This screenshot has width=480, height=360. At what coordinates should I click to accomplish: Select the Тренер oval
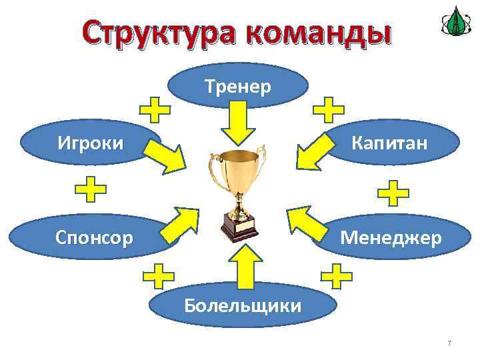tap(238, 86)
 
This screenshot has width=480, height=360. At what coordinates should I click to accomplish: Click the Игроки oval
tap(91, 143)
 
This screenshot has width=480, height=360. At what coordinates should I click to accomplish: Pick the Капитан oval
tap(389, 143)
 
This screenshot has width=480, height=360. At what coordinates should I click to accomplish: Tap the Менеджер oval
tap(391, 237)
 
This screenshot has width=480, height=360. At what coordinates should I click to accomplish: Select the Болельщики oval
tap(242, 305)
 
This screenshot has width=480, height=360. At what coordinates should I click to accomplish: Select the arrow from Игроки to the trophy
tap(167, 158)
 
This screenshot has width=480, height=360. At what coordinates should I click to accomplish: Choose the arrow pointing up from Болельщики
tap(245, 267)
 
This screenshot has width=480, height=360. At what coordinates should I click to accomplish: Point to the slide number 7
tap(449, 343)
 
